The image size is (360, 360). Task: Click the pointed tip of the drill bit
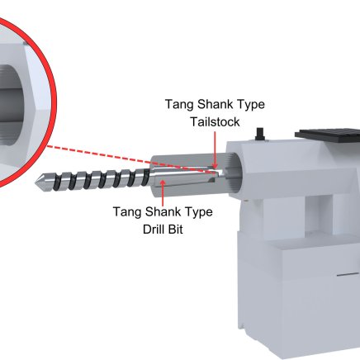pos(36,182)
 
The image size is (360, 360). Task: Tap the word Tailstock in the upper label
pos(216,122)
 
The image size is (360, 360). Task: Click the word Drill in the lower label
pos(152,229)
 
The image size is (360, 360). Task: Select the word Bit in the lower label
pos(174,229)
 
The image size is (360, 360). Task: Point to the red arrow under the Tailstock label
pos(216,149)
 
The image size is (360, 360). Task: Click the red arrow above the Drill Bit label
pos(163,192)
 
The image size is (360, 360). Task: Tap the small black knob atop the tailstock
pos(260,134)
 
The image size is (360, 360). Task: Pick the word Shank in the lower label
pos(163,211)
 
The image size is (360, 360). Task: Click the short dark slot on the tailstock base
pos(348,275)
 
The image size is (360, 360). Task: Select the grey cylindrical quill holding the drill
pos(190,176)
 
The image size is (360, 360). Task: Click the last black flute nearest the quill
pos(146,177)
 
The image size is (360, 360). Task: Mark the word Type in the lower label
pos(199,212)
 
